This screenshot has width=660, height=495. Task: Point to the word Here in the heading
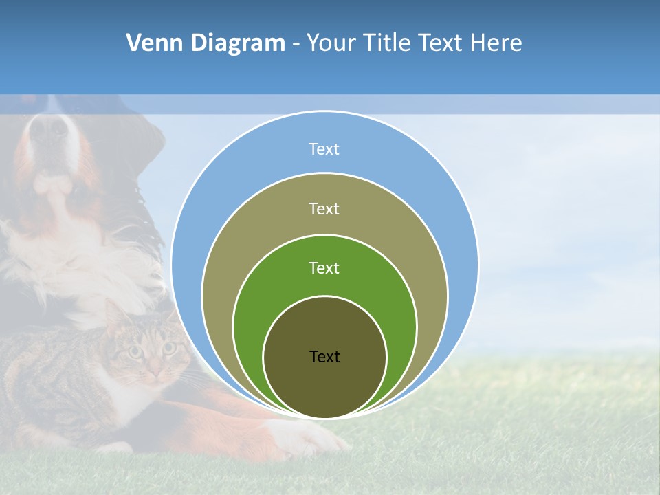[x=496, y=43]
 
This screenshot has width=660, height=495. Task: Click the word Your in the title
[x=332, y=43]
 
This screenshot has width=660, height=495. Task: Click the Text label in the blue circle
[x=324, y=149]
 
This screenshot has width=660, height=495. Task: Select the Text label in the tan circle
[x=324, y=208]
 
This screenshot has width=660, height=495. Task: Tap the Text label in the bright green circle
[x=324, y=267]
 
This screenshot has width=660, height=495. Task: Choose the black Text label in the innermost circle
[x=324, y=356]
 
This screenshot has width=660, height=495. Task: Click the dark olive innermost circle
[x=324, y=385]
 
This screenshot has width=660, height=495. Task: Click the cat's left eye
[x=135, y=352]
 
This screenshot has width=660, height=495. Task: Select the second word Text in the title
[x=443, y=43]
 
